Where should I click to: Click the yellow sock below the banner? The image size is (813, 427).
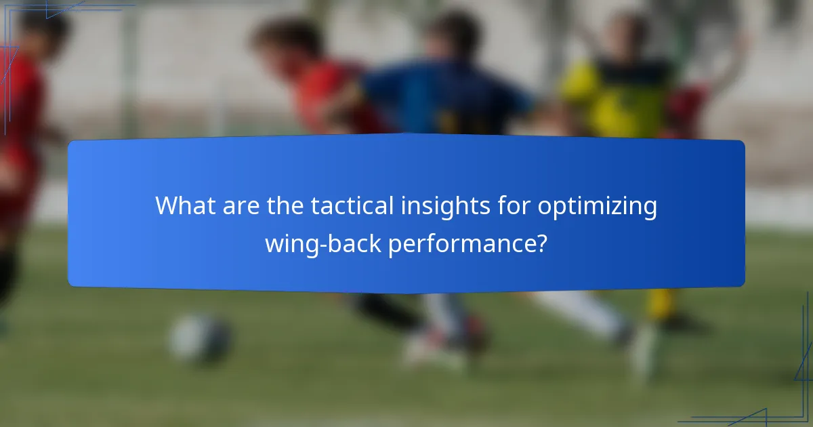click(661, 304)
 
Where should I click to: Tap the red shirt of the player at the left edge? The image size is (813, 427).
click(20, 102)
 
